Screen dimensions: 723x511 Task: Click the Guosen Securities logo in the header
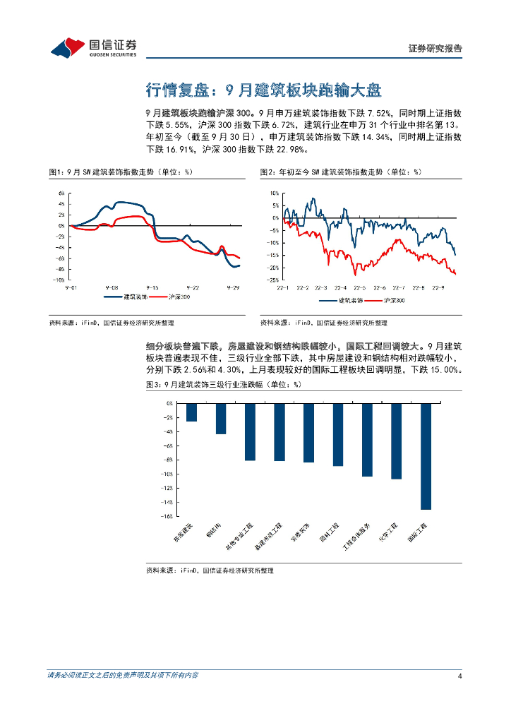pos(93,47)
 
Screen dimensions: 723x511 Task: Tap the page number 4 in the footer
pos(459,676)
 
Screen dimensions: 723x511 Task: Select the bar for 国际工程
pos(426,456)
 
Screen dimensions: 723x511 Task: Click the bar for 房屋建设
pos(191,412)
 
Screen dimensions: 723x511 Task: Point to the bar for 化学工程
pos(396,441)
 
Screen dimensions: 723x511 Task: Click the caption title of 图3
pos(223,385)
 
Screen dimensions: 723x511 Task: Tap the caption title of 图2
pos(340,172)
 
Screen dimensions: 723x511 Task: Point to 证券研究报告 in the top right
pos(435,49)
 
